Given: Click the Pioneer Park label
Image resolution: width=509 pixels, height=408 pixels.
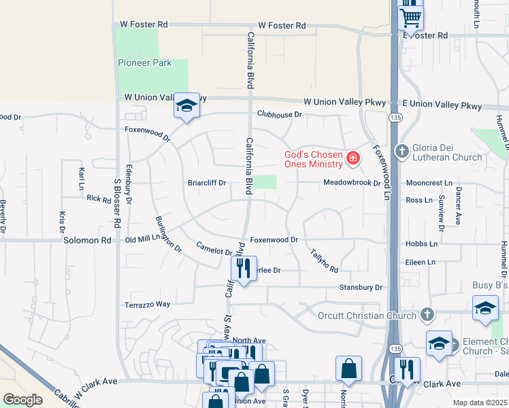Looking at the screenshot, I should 144,63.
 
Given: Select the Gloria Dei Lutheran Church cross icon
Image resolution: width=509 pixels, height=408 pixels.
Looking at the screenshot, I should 402,151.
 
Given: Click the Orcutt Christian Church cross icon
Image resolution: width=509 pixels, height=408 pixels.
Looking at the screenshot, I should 427,314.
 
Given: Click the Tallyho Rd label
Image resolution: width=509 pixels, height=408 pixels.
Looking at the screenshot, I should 325,260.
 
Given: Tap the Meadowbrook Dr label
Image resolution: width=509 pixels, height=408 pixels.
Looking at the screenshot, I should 351,183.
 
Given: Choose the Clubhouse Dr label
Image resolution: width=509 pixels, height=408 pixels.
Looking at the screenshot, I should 279,114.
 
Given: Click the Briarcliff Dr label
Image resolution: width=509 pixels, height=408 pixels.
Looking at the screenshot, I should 207,183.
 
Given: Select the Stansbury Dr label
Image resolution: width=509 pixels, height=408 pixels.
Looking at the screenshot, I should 361,288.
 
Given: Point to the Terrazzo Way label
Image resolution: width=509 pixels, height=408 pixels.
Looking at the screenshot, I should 147,304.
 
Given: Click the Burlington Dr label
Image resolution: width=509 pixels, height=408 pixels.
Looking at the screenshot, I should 169,235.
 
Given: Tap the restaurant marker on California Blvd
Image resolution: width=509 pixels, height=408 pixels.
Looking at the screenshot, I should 244,269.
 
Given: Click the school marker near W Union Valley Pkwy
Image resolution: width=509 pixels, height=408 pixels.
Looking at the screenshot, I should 186,106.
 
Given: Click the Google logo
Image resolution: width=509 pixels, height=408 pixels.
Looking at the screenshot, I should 23,399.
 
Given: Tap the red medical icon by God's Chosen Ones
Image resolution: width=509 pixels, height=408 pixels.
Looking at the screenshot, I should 352,159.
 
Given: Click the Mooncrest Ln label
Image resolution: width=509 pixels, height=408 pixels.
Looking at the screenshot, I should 429,184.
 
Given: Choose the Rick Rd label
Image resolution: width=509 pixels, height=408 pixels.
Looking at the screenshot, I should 99,199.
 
